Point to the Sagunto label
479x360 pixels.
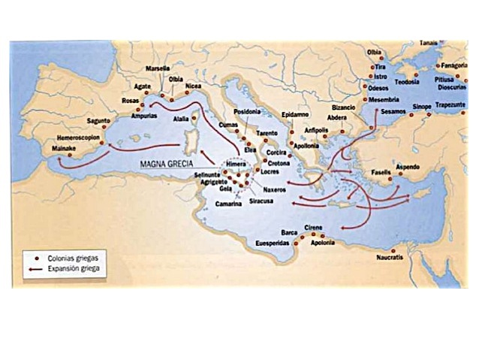point(98,120)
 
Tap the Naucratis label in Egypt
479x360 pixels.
point(389,258)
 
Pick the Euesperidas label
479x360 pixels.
point(275,244)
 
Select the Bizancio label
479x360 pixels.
point(343,107)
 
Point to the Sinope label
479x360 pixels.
point(420,107)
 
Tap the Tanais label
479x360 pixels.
point(429,43)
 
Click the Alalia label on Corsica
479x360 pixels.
point(180,119)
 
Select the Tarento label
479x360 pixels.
point(267,132)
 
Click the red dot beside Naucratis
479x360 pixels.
point(393,250)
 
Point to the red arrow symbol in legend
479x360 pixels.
point(32,268)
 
